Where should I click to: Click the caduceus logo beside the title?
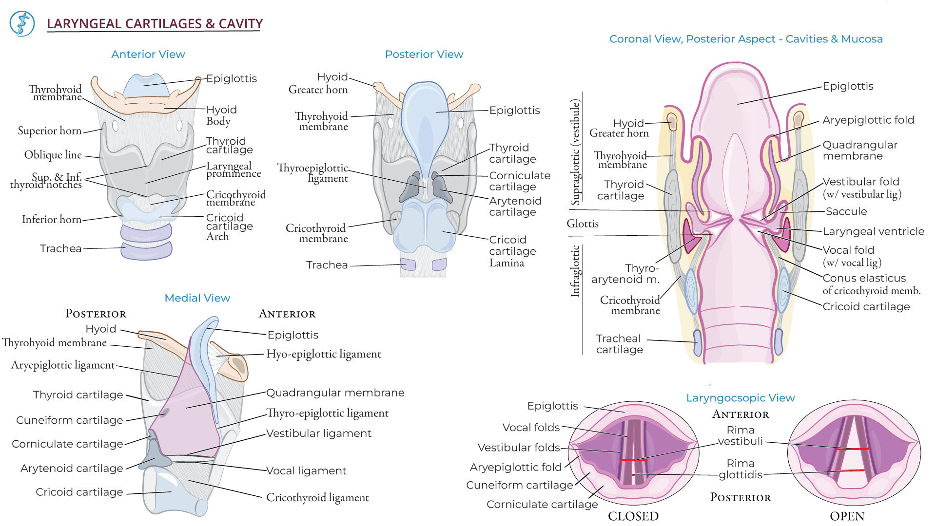coord(22,24)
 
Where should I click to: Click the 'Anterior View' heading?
coord(148,55)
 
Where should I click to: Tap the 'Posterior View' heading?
coord(424,55)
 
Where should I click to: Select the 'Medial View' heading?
coord(197,298)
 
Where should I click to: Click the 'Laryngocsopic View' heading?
coord(740,398)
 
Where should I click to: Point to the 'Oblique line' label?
coord(53,155)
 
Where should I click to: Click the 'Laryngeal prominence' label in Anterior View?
coord(233,169)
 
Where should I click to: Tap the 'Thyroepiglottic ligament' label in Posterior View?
coord(312,173)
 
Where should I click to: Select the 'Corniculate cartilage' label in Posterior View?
coord(519,181)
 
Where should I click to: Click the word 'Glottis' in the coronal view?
coord(582,224)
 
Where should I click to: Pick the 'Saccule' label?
coord(846,211)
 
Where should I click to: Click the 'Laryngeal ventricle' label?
coord(873,231)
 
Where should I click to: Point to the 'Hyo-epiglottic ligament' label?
coord(323,354)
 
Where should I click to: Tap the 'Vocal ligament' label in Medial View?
coord(306,471)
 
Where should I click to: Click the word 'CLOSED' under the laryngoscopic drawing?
coord(633,516)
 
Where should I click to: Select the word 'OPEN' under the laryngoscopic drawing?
coord(847,516)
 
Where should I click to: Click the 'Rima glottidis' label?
coord(740,469)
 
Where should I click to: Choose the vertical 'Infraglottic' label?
coord(575,271)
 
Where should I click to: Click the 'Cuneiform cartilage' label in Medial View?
coord(69,420)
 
